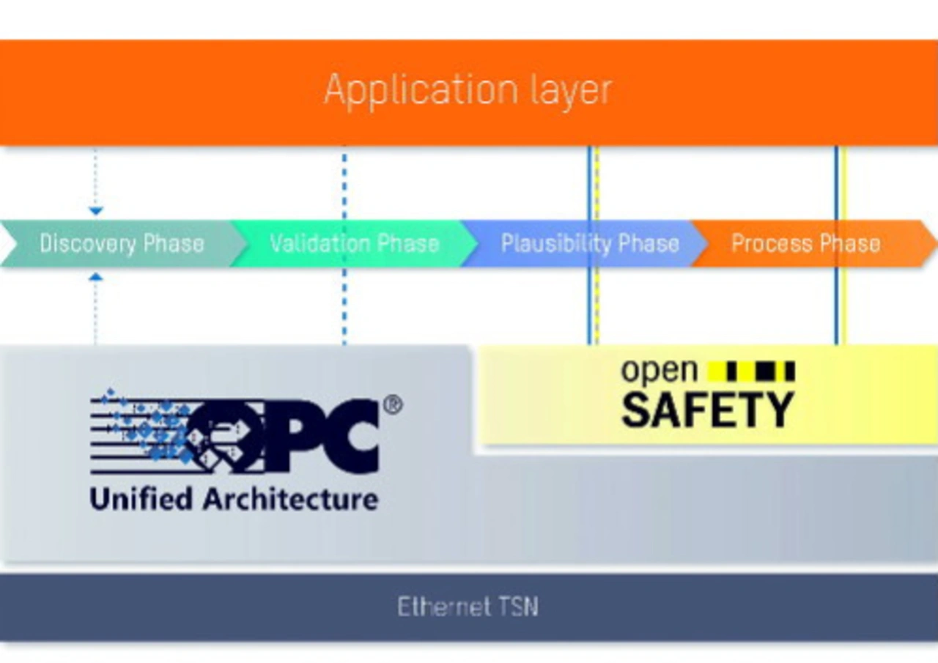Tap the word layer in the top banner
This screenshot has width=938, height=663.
pos(571,92)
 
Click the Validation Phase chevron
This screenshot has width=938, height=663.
pos(354,243)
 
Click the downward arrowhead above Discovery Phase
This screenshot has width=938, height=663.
pos(96,210)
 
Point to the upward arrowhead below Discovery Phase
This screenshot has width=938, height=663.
pos(96,277)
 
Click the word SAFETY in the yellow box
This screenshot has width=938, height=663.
pos(708,410)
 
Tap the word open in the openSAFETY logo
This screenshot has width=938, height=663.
pos(660,371)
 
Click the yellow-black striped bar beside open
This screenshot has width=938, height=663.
pos(751,371)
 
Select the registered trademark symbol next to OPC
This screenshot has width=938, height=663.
pos(393,404)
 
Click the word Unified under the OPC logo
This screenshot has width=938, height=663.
pos(141,500)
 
